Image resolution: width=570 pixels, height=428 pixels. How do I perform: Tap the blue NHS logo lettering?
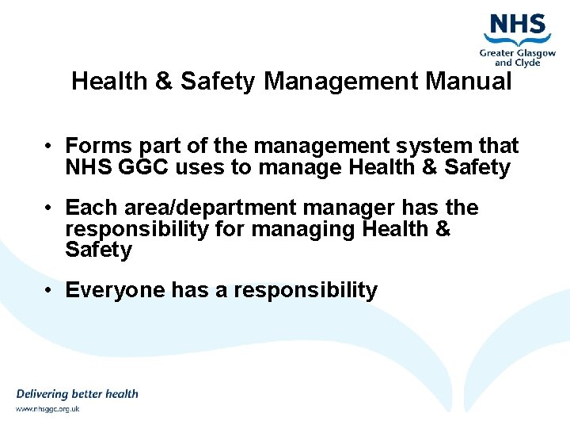point(518,25)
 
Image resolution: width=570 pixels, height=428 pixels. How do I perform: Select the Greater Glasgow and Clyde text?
point(518,56)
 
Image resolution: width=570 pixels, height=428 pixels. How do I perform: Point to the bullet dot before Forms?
point(48,147)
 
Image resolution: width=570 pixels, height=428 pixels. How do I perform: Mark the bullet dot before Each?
point(48,208)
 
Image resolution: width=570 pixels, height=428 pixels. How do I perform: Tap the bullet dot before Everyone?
point(48,291)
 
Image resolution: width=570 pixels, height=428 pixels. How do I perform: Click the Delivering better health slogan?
point(78,394)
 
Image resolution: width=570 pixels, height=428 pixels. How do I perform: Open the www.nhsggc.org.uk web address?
point(47,409)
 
